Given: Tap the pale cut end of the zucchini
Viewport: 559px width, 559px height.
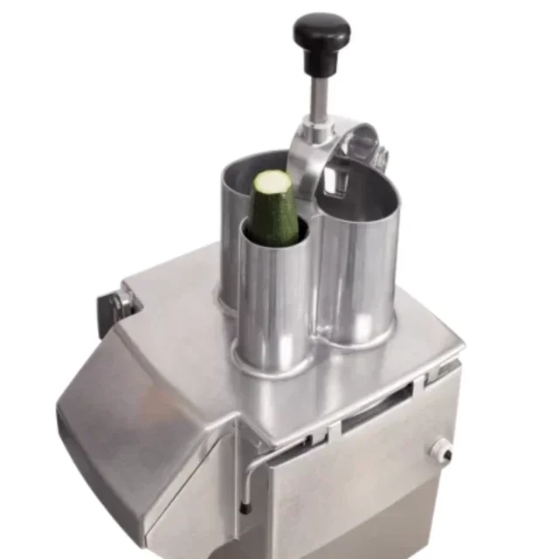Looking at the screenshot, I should click(272, 182).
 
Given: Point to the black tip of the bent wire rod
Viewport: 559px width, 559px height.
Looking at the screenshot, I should click(247, 509).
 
